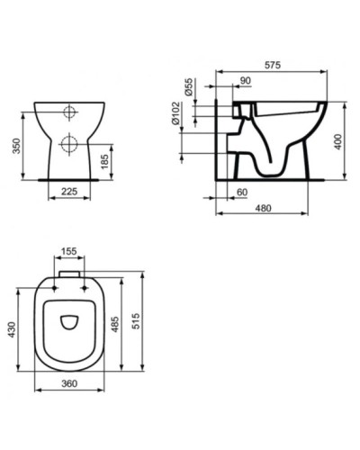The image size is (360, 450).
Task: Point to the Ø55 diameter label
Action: point(189,87)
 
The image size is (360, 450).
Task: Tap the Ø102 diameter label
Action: point(189,115)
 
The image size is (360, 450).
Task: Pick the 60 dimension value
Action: point(241,193)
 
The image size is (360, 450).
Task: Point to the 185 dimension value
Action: point(107,162)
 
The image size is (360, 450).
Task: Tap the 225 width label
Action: point(69,191)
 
